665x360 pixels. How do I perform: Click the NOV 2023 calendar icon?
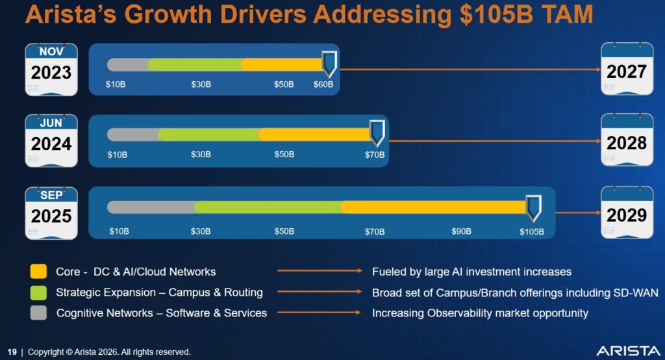51,69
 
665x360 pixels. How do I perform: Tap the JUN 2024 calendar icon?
51,140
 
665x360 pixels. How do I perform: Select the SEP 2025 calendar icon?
51,212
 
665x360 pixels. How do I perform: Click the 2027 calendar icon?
626,69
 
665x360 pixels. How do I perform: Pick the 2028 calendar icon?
626,140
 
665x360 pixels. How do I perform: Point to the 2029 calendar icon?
626,212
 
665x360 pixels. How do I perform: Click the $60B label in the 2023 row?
323,84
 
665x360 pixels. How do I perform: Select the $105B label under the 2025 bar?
531,231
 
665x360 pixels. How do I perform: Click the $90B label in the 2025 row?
461,231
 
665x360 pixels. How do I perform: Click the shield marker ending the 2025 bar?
533,207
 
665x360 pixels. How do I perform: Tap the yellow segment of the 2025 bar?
433,207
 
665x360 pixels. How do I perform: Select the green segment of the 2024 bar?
208,135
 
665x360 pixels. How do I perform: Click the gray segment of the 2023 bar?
127,64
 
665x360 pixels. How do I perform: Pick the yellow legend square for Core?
39,272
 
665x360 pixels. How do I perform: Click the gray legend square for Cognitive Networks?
39,313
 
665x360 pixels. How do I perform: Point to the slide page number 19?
12,352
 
